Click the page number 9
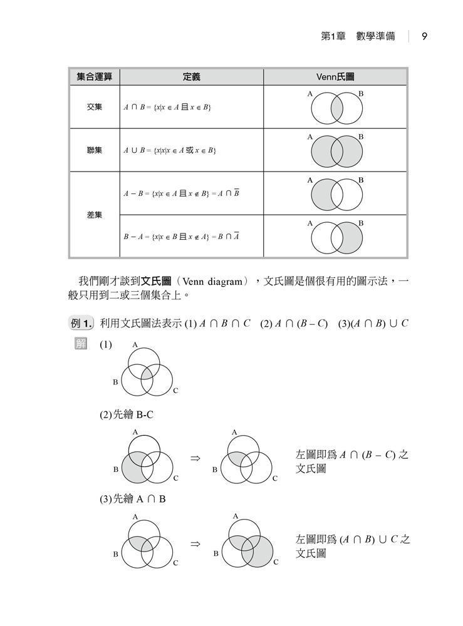click(x=424, y=36)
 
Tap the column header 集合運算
click(x=94, y=76)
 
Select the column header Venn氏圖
click(x=335, y=76)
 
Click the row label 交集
click(x=94, y=107)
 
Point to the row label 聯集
click(x=94, y=150)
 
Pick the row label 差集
click(x=94, y=215)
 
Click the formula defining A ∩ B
click(x=167, y=107)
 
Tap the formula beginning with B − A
click(x=182, y=237)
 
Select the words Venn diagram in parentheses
click(x=211, y=282)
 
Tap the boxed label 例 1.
click(x=81, y=324)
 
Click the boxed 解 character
click(x=81, y=345)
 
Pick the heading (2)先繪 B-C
click(x=128, y=414)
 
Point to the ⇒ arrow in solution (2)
click(x=195, y=459)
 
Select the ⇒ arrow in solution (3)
click(x=195, y=544)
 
